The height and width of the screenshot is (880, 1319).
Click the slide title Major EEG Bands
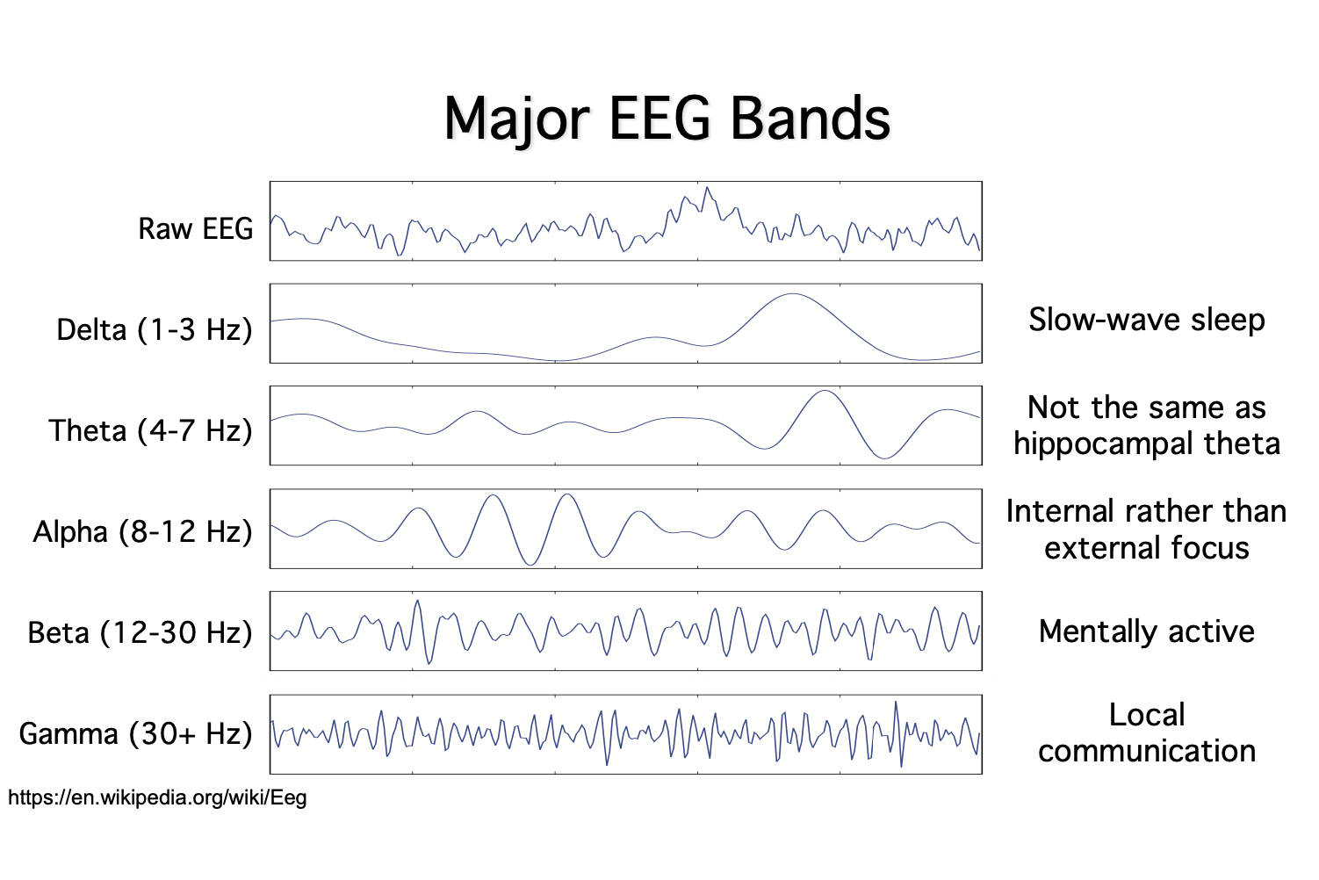pos(667,120)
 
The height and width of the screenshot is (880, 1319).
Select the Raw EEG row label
pos(196,228)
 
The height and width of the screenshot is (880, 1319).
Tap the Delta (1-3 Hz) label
pos(155,330)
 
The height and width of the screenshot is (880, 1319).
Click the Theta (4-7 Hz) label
pos(151,430)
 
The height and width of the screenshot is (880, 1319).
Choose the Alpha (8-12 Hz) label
pos(142,532)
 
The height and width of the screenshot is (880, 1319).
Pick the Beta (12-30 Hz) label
pos(141,633)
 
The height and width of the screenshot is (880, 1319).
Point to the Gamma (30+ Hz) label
pos(136,734)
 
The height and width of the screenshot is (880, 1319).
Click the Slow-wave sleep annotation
pos(1147,321)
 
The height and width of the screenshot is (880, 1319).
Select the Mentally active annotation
pos(1147,632)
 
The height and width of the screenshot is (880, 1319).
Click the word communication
pos(1147,752)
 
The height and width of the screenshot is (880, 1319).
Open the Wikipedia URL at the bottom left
pos(157,798)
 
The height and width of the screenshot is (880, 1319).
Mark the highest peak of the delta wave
pos(793,293)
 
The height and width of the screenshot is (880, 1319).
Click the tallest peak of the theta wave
pos(825,391)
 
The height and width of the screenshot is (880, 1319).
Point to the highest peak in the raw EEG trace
pos(707,187)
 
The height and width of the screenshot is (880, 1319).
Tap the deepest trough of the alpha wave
pos(530,565)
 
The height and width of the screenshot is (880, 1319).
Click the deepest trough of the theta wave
pos(883,458)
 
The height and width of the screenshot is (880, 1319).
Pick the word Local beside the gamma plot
pos(1147,716)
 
